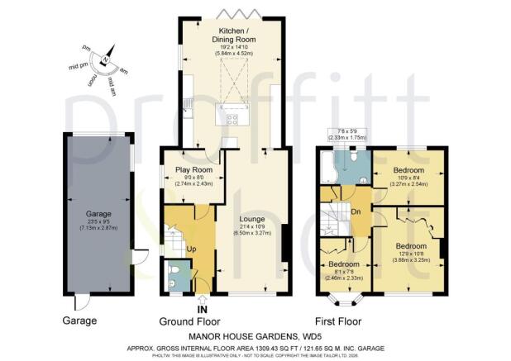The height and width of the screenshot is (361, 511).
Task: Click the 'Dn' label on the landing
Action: [356, 211]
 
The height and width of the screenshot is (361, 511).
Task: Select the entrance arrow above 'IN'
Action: [203, 298]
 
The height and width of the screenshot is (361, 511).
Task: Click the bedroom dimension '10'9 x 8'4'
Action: [410, 179]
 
